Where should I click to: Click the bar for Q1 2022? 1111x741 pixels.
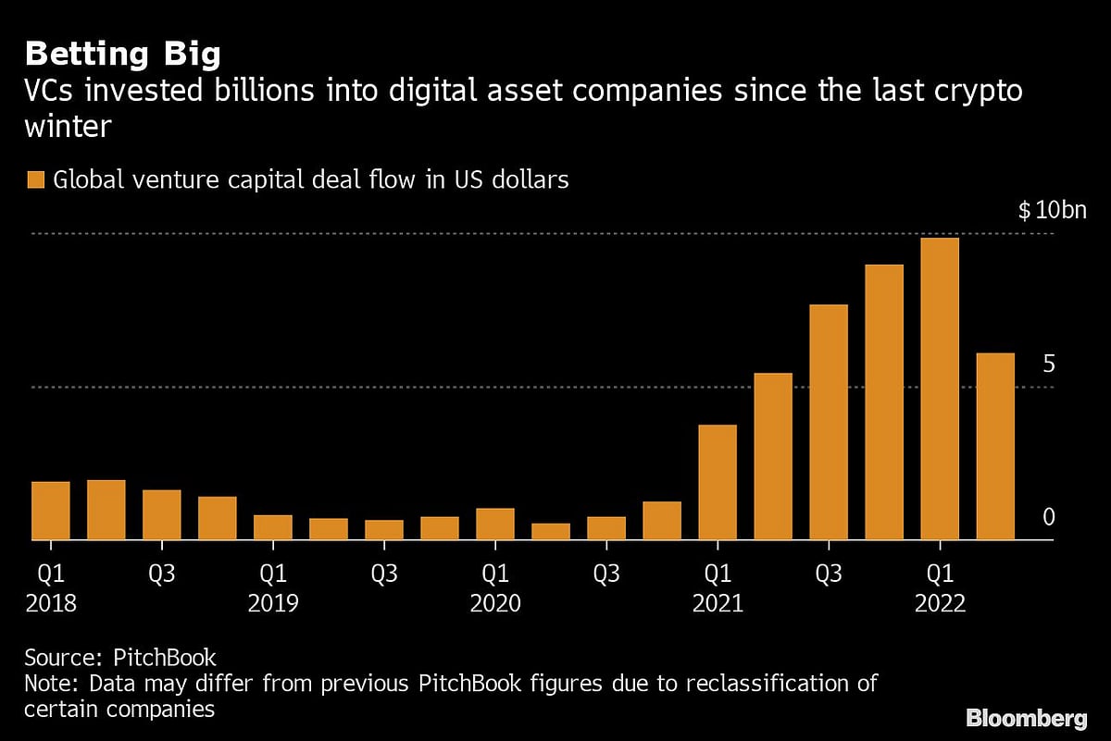coord(940,389)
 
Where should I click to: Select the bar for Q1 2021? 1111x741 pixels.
coord(718,482)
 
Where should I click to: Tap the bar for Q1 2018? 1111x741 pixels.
coord(51,511)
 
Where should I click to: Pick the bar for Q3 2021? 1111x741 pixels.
coord(829,422)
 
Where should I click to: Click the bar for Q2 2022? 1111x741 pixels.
coord(995,446)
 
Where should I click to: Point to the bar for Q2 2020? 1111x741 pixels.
coord(551,531)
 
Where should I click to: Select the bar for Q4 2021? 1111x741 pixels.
coord(884,402)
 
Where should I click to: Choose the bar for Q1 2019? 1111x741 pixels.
coord(273,527)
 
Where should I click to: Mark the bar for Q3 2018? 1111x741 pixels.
coord(162,514)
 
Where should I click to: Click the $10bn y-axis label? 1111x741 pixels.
coord(1052,211)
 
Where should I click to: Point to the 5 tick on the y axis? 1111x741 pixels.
coord(1048,364)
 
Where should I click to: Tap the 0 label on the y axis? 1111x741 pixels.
coord(1048,517)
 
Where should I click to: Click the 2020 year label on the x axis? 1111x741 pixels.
coord(495,604)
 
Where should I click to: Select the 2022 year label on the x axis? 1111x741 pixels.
coord(940,604)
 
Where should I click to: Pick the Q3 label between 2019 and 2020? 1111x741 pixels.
coord(384,574)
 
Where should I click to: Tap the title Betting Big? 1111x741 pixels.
coord(122,54)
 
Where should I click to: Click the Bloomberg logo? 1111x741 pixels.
coord(1026,719)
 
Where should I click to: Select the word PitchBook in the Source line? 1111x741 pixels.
coord(165,658)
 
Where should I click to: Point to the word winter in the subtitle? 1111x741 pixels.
coord(68,126)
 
